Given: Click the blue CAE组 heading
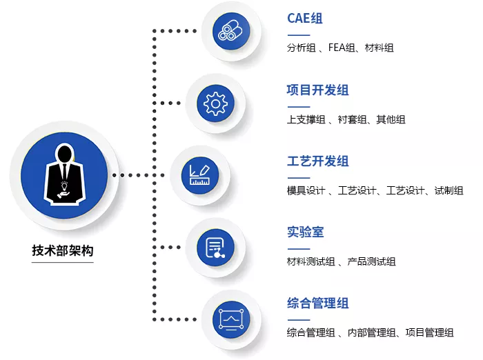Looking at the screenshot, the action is pyautogui.click(x=305, y=19).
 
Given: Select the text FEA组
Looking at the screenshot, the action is pyautogui.click(x=342, y=48).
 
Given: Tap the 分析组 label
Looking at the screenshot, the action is pyautogui.click(x=301, y=48).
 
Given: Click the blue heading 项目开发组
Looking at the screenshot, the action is pyautogui.click(x=317, y=90).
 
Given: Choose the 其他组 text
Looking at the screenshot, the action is pyautogui.click(x=391, y=119).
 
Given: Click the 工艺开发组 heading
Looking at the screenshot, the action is pyautogui.click(x=317, y=161).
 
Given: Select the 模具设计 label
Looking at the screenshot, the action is pyautogui.click(x=306, y=190).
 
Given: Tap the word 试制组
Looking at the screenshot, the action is pyautogui.click(x=448, y=190).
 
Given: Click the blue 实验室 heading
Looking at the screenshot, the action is pyautogui.click(x=305, y=232).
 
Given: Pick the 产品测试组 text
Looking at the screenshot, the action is pyautogui.click(x=371, y=262).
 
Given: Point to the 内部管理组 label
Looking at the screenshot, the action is pyautogui.click(x=371, y=332).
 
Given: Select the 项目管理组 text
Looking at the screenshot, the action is pyautogui.click(x=429, y=332).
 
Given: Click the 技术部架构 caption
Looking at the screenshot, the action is pyautogui.click(x=63, y=250).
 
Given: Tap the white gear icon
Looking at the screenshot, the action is pyautogui.click(x=215, y=103).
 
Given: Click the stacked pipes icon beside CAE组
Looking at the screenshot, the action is pyautogui.click(x=230, y=30).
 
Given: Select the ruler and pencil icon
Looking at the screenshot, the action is pyautogui.click(x=199, y=175).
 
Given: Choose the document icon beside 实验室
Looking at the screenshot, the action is pyautogui.click(x=215, y=248).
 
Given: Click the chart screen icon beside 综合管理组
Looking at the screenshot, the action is pyautogui.click(x=231, y=319).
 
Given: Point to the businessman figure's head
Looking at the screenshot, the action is pyautogui.click(x=65, y=153).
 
